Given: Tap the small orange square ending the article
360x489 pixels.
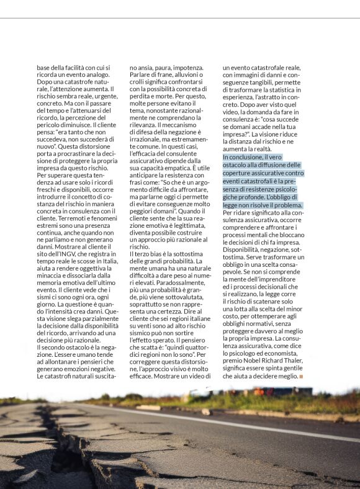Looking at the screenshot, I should pos(302,377).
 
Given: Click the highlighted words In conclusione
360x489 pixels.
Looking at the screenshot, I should pos(245,158).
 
